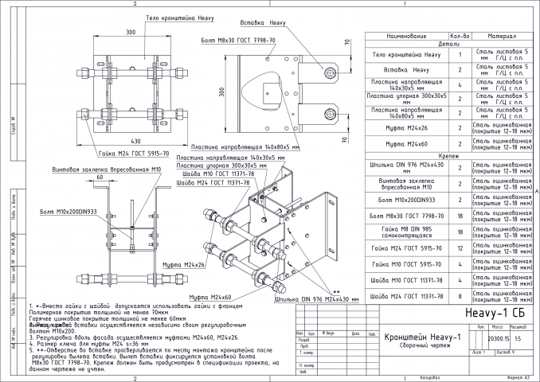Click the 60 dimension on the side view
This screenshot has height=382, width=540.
click(x=100, y=177)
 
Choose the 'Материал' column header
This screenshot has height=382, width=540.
click(x=499, y=37)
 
